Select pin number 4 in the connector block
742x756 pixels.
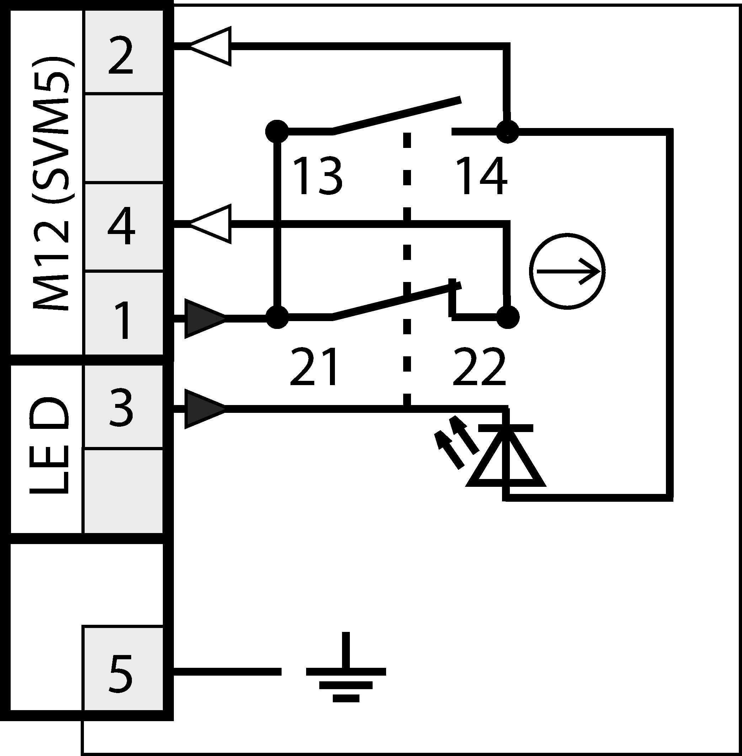[x=121, y=226]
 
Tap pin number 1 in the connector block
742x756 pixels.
[x=123, y=320]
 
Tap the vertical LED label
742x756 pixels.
[x=49, y=446]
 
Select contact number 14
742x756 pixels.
[x=481, y=176]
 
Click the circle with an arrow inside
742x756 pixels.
[x=567, y=271]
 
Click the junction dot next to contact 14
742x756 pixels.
[x=507, y=131]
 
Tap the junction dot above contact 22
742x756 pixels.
[x=507, y=317]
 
